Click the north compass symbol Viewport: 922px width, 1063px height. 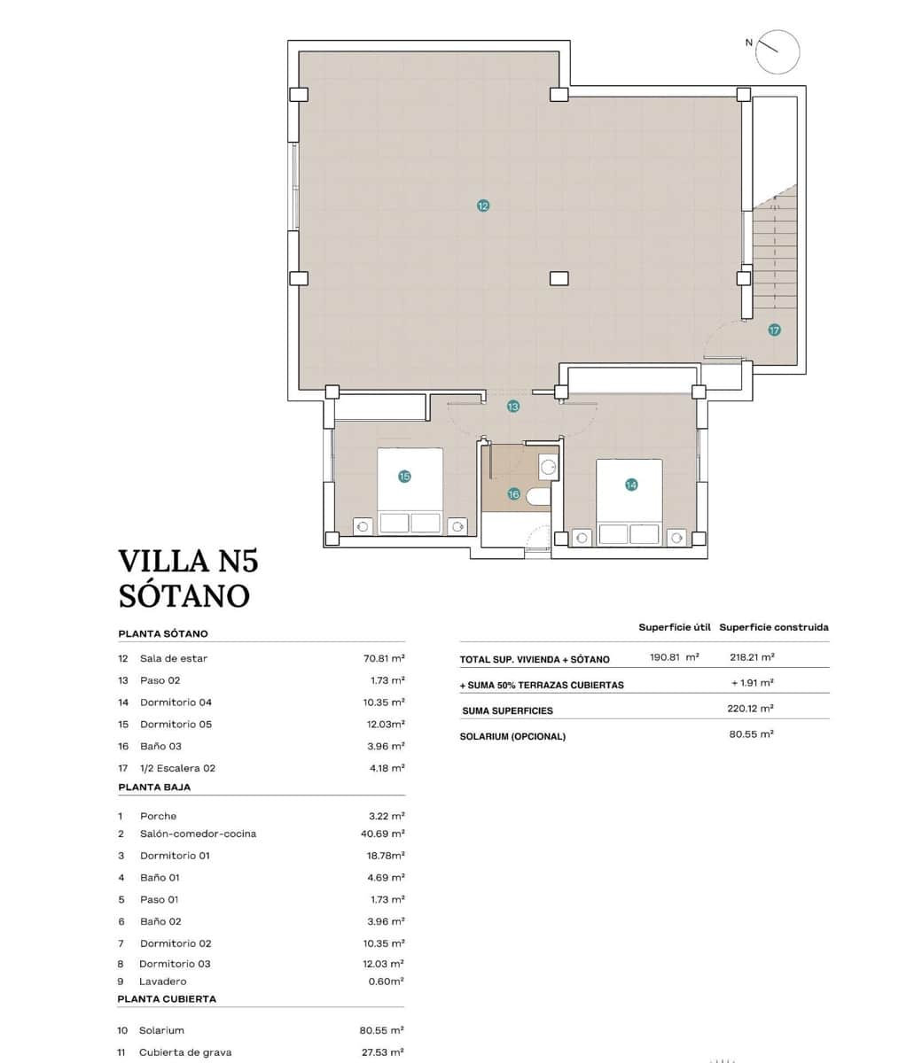(777, 51)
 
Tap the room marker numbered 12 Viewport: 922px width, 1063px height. (482, 206)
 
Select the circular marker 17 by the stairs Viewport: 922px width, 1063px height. (774, 330)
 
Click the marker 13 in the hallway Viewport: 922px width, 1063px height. (512, 407)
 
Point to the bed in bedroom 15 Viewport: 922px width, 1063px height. (410, 492)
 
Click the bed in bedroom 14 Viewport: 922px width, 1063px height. (629, 501)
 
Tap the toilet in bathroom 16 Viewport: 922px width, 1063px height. (537, 496)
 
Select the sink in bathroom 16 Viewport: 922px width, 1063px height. (549, 466)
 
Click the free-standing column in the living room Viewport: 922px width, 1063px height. (559, 278)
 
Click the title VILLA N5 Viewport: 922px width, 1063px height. (188, 561)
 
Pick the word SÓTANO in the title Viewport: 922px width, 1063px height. (184, 595)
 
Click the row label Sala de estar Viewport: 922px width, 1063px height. (174, 658)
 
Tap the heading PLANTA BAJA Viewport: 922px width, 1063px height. (154, 787)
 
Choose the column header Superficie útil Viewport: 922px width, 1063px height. (674, 627)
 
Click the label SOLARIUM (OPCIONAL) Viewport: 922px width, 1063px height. (512, 736)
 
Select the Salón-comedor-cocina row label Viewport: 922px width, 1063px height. (198, 834)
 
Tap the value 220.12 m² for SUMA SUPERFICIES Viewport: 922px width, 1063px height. (750, 709)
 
